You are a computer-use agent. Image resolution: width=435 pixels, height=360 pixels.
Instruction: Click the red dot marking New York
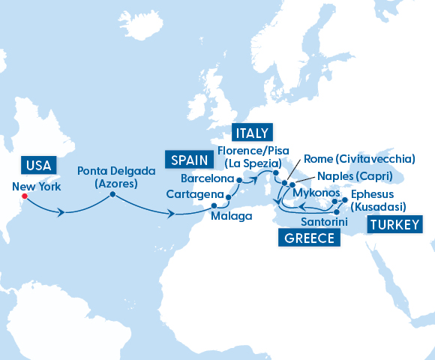click(24, 197)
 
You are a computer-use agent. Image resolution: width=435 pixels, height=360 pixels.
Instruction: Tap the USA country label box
click(37, 165)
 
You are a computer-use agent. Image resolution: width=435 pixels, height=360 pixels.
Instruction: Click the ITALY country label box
click(250, 133)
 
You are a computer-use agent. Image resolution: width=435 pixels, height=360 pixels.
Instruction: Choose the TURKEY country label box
click(391, 224)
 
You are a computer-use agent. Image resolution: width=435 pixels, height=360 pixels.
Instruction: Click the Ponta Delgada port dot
click(112, 195)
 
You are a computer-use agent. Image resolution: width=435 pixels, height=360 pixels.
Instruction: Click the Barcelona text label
click(208, 179)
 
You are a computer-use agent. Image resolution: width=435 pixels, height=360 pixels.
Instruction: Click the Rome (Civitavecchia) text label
click(358, 160)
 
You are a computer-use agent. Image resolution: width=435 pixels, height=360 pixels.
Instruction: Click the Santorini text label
click(323, 223)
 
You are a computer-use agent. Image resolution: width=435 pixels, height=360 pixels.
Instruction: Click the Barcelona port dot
click(239, 180)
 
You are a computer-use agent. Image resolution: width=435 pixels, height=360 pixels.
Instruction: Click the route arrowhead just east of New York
click(61, 213)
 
